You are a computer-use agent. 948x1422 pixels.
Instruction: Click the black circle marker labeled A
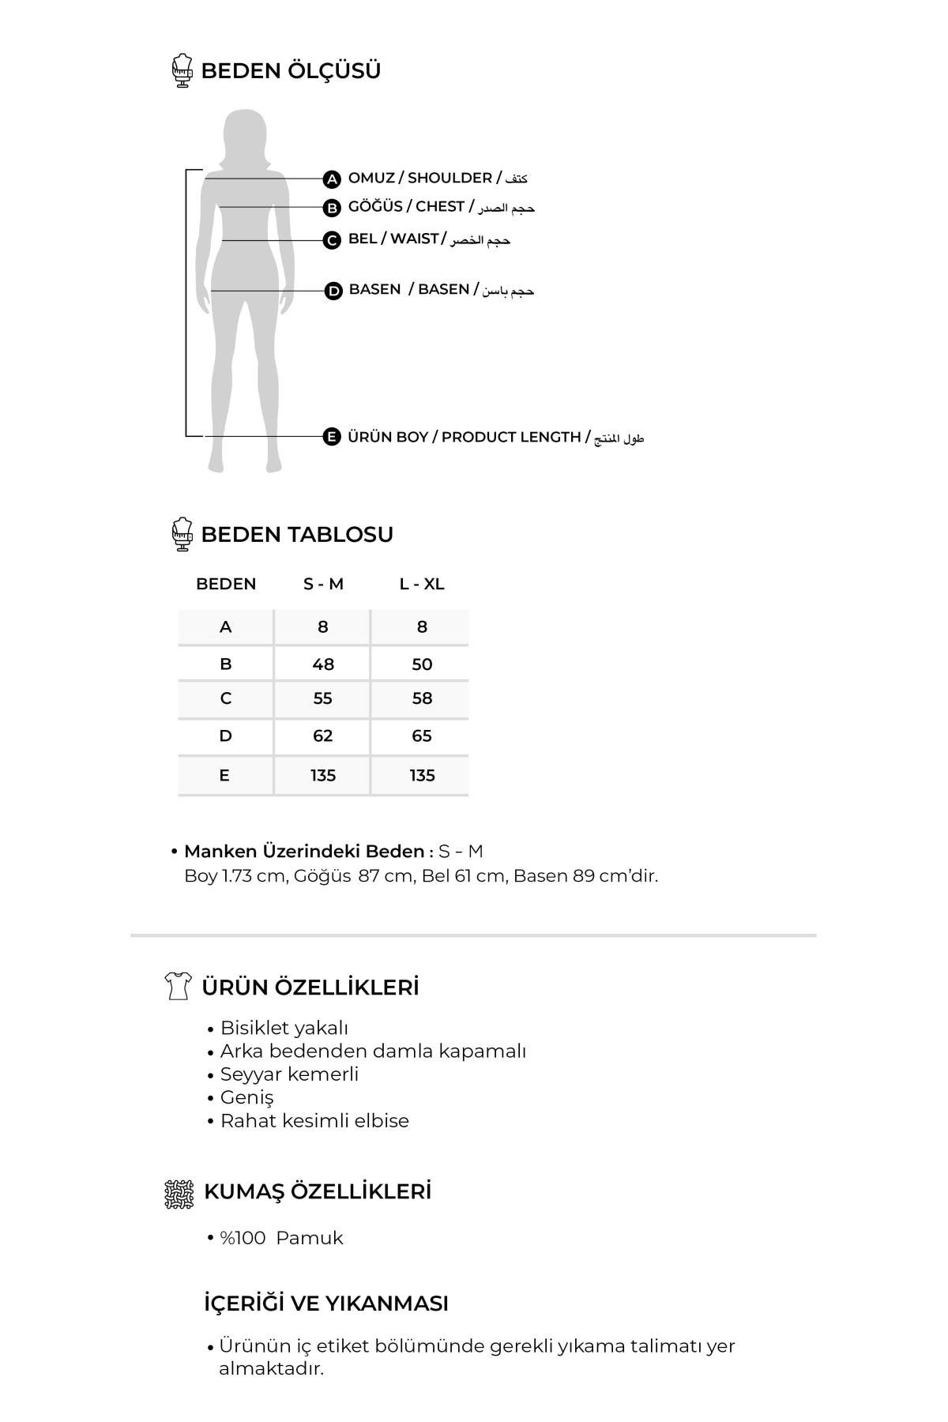[333, 179]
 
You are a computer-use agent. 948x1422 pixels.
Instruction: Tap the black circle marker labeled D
[334, 292]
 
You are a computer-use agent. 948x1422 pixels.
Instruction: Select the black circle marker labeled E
[332, 437]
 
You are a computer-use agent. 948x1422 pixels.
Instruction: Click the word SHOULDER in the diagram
[450, 179]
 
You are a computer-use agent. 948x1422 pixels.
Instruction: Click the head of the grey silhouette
[244, 134]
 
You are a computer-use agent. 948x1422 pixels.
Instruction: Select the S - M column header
[323, 584]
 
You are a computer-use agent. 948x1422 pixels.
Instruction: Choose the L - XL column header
[422, 584]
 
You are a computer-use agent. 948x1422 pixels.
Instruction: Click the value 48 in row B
[323, 664]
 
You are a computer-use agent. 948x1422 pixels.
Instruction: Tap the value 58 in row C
[422, 698]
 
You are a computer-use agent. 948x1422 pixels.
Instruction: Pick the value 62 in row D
[323, 736]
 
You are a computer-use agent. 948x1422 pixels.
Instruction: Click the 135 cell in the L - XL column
[422, 776]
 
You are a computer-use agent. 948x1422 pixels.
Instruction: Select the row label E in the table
[225, 776]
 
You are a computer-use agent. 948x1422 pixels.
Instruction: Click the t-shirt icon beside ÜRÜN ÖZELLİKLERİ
[179, 986]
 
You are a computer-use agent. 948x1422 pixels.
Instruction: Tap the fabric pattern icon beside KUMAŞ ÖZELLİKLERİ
[179, 1194]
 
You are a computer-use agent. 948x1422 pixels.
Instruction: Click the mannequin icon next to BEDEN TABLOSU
[182, 534]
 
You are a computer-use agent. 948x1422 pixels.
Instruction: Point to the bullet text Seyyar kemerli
[289, 1074]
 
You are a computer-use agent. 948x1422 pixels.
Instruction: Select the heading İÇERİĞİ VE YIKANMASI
[325, 1303]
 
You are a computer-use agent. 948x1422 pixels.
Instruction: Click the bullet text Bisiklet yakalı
[284, 1028]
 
